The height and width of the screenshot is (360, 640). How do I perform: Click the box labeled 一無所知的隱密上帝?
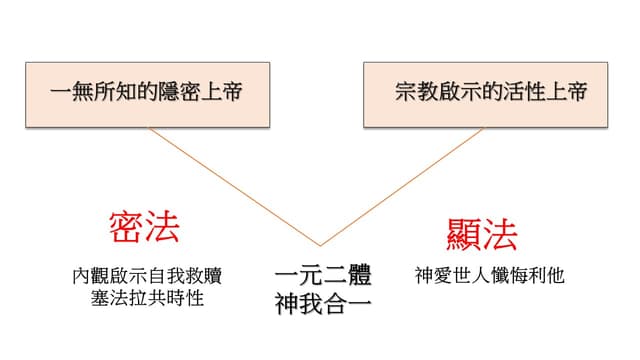pos(147,95)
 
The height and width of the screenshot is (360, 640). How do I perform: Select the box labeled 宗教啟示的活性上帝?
pos(485,95)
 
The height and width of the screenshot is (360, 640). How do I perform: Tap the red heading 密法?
pos(144,227)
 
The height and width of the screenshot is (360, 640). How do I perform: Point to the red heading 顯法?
pos(482,234)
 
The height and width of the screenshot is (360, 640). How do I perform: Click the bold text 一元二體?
pos(323,275)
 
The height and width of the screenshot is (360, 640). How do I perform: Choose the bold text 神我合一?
pos(323,304)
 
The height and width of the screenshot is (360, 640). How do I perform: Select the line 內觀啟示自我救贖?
pos(147,276)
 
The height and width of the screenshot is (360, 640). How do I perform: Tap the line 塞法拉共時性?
pos(147,298)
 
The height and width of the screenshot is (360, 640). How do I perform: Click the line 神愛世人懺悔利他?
pos(490,276)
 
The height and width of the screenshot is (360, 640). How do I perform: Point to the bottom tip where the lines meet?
pos(320,246)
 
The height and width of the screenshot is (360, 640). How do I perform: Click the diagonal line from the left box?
pos(234,187)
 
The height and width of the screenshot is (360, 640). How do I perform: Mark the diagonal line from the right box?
pos(402,187)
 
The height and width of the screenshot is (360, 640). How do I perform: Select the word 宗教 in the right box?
pos(416,91)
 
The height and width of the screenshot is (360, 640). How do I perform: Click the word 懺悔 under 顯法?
pos(509,276)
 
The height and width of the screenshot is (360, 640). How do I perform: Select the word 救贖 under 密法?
pos(203,276)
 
